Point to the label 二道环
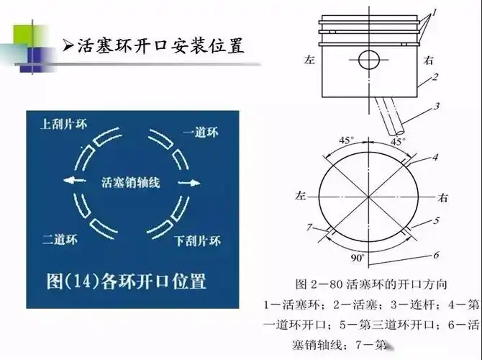click(x=58, y=239)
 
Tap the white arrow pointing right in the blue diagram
click(x=187, y=183)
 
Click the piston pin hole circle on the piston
click(x=368, y=58)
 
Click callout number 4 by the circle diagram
click(x=436, y=156)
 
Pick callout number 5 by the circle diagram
click(x=436, y=221)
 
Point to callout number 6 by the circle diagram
click(x=436, y=254)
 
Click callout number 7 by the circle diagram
click(x=308, y=227)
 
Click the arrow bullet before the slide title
click(x=68, y=47)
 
